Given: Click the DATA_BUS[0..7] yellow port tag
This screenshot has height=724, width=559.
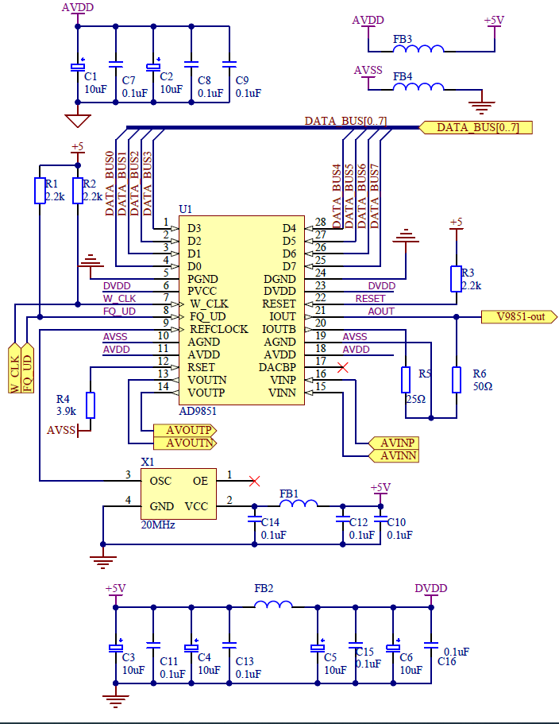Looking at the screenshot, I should pos(475,127).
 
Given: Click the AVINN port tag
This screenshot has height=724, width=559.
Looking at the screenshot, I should pos(394,455).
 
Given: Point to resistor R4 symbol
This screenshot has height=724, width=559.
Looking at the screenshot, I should pos(91,405).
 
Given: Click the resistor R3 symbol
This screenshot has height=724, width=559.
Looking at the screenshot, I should pos(456,278).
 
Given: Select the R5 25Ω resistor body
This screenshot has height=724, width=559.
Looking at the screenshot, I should pos(406,380).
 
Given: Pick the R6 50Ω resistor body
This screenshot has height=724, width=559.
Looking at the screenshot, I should pos(456,380).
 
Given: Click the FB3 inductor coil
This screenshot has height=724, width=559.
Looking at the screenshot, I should pos(418,50).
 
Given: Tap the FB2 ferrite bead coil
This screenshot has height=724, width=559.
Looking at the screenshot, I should pos(272,605).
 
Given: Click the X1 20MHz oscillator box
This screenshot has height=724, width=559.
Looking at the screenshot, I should pos(179,494).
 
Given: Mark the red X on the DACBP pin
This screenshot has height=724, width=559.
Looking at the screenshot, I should pos(343,367).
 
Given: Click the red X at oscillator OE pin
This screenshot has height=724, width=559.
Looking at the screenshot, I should pos(254,481).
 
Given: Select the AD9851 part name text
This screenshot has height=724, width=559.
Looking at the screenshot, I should pos(199,412).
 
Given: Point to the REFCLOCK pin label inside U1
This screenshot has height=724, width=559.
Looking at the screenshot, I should pos(218,329).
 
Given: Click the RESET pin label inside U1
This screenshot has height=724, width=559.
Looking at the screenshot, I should pos(278,304).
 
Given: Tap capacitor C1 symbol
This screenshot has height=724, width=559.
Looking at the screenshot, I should pos(78,66).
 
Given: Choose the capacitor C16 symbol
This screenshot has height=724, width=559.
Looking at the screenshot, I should pos(430,645).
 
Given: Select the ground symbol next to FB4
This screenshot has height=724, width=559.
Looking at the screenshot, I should pos(481,103).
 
